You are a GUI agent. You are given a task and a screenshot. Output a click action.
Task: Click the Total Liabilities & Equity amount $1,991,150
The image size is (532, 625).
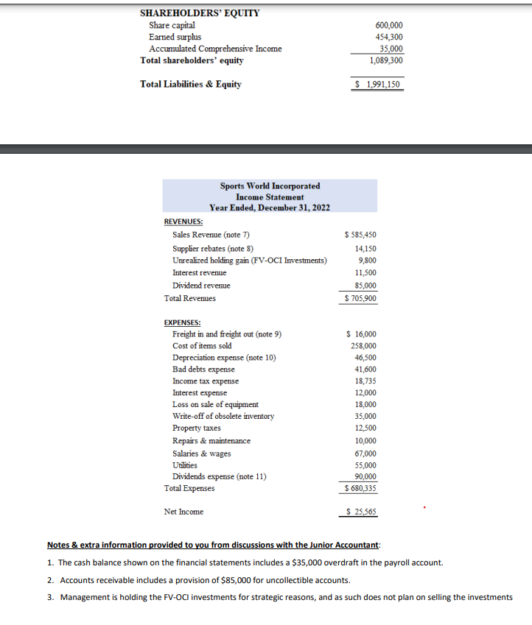coord(378,84)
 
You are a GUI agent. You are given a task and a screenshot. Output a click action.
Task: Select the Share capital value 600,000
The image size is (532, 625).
coord(388,26)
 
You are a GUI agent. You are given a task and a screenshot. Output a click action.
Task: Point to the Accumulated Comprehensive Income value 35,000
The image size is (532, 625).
coord(391,49)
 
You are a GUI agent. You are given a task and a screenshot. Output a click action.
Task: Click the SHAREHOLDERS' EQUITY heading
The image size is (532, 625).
coord(199,13)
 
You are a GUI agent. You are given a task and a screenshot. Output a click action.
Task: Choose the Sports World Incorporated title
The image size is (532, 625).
coord(270,186)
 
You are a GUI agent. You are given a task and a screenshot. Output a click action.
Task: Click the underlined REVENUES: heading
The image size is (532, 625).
coord(183,221)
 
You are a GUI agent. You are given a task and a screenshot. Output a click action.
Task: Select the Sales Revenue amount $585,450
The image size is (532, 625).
coord(360,235)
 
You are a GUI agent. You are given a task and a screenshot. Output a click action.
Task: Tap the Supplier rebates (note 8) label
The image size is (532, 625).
coord(213,249)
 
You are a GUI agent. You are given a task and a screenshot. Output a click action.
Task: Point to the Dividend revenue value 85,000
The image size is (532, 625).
coord(365,286)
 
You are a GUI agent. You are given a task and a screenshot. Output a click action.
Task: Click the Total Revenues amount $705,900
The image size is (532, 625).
coord(360,298)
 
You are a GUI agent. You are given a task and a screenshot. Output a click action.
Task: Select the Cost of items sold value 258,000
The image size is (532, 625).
coord(363,346)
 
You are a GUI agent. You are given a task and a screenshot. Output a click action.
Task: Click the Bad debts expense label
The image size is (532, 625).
coord(203,370)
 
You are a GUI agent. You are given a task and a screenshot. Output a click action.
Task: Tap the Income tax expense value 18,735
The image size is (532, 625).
coord(365,381)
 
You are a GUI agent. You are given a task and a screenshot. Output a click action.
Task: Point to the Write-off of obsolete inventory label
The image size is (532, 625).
coord(223,417)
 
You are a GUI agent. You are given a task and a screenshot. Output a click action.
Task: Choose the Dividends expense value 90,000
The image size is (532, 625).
coord(365,476)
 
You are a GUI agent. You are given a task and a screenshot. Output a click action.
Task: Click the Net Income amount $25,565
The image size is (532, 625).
coord(361,512)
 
